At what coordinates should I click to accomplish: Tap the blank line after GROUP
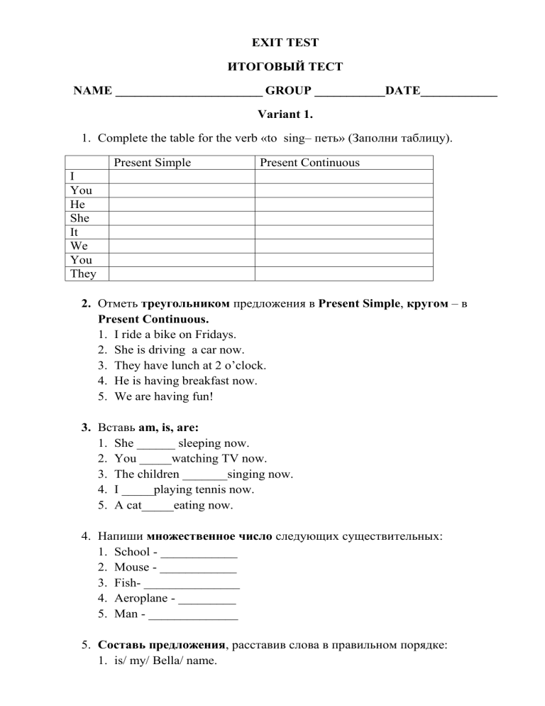click(x=348, y=92)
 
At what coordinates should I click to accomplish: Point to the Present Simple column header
click(x=153, y=163)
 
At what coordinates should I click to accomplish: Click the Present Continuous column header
click(x=309, y=163)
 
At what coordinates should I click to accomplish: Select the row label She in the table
click(x=79, y=218)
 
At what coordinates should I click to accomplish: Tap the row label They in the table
click(x=83, y=273)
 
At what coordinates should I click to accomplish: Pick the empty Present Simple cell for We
click(x=181, y=246)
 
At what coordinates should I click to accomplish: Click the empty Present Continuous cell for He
click(x=343, y=205)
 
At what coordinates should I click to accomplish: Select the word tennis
click(x=210, y=490)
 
